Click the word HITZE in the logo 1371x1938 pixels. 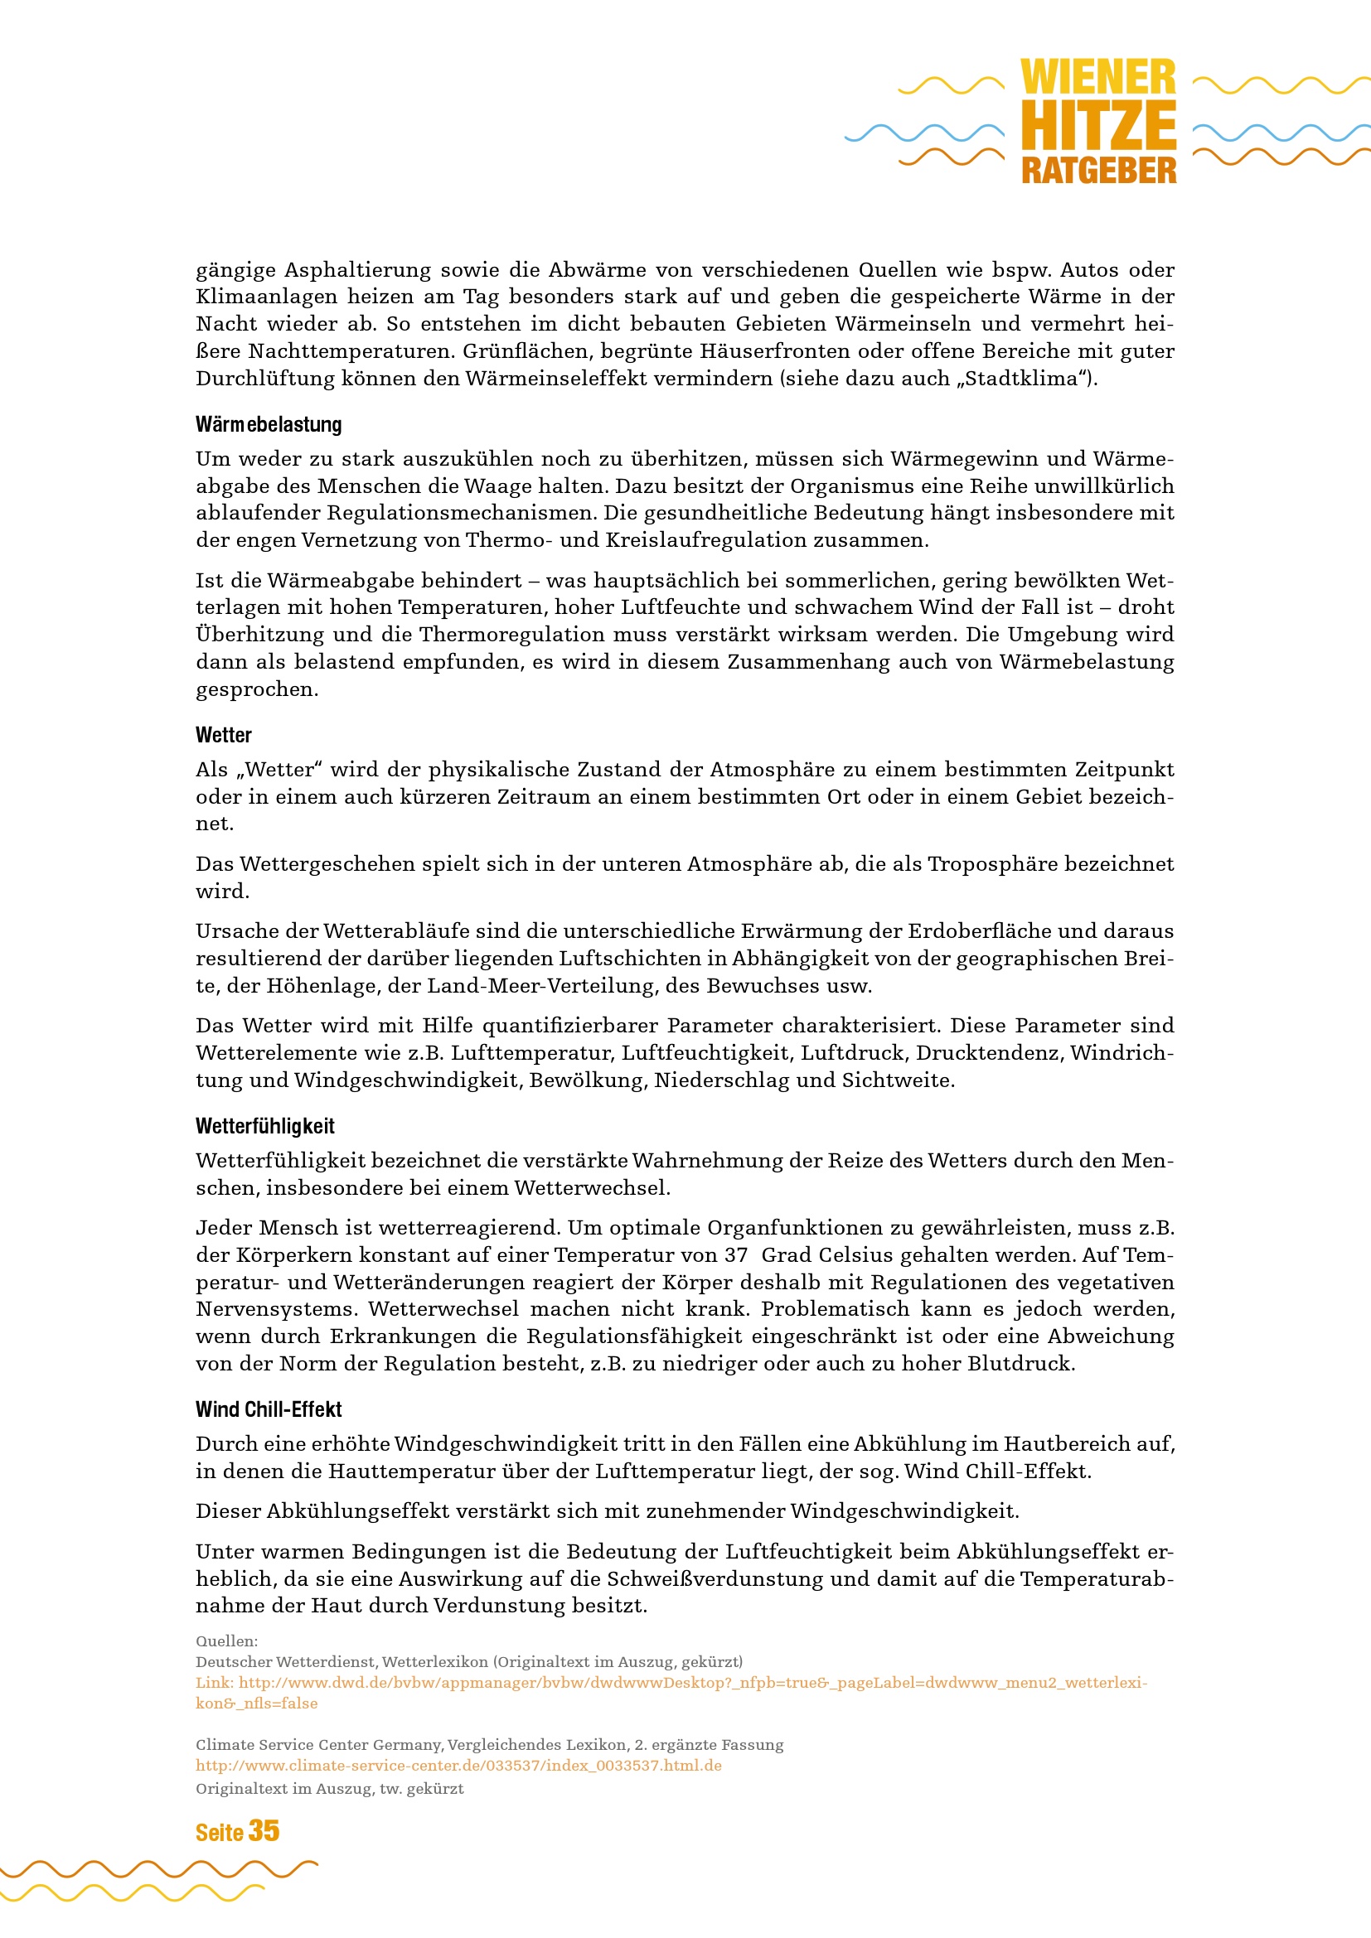[x=1097, y=125]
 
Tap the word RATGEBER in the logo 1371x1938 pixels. [x=1097, y=171]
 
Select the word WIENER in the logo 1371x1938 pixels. [x=1097, y=78]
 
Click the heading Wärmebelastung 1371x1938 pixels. [x=269, y=424]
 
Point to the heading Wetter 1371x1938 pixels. [x=224, y=735]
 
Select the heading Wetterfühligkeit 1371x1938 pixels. [x=265, y=1126]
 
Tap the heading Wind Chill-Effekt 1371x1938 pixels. [x=269, y=1409]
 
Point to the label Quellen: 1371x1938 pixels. [x=226, y=1641]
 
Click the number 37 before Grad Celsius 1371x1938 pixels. [x=735, y=1255]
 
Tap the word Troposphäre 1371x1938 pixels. [x=984, y=863]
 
